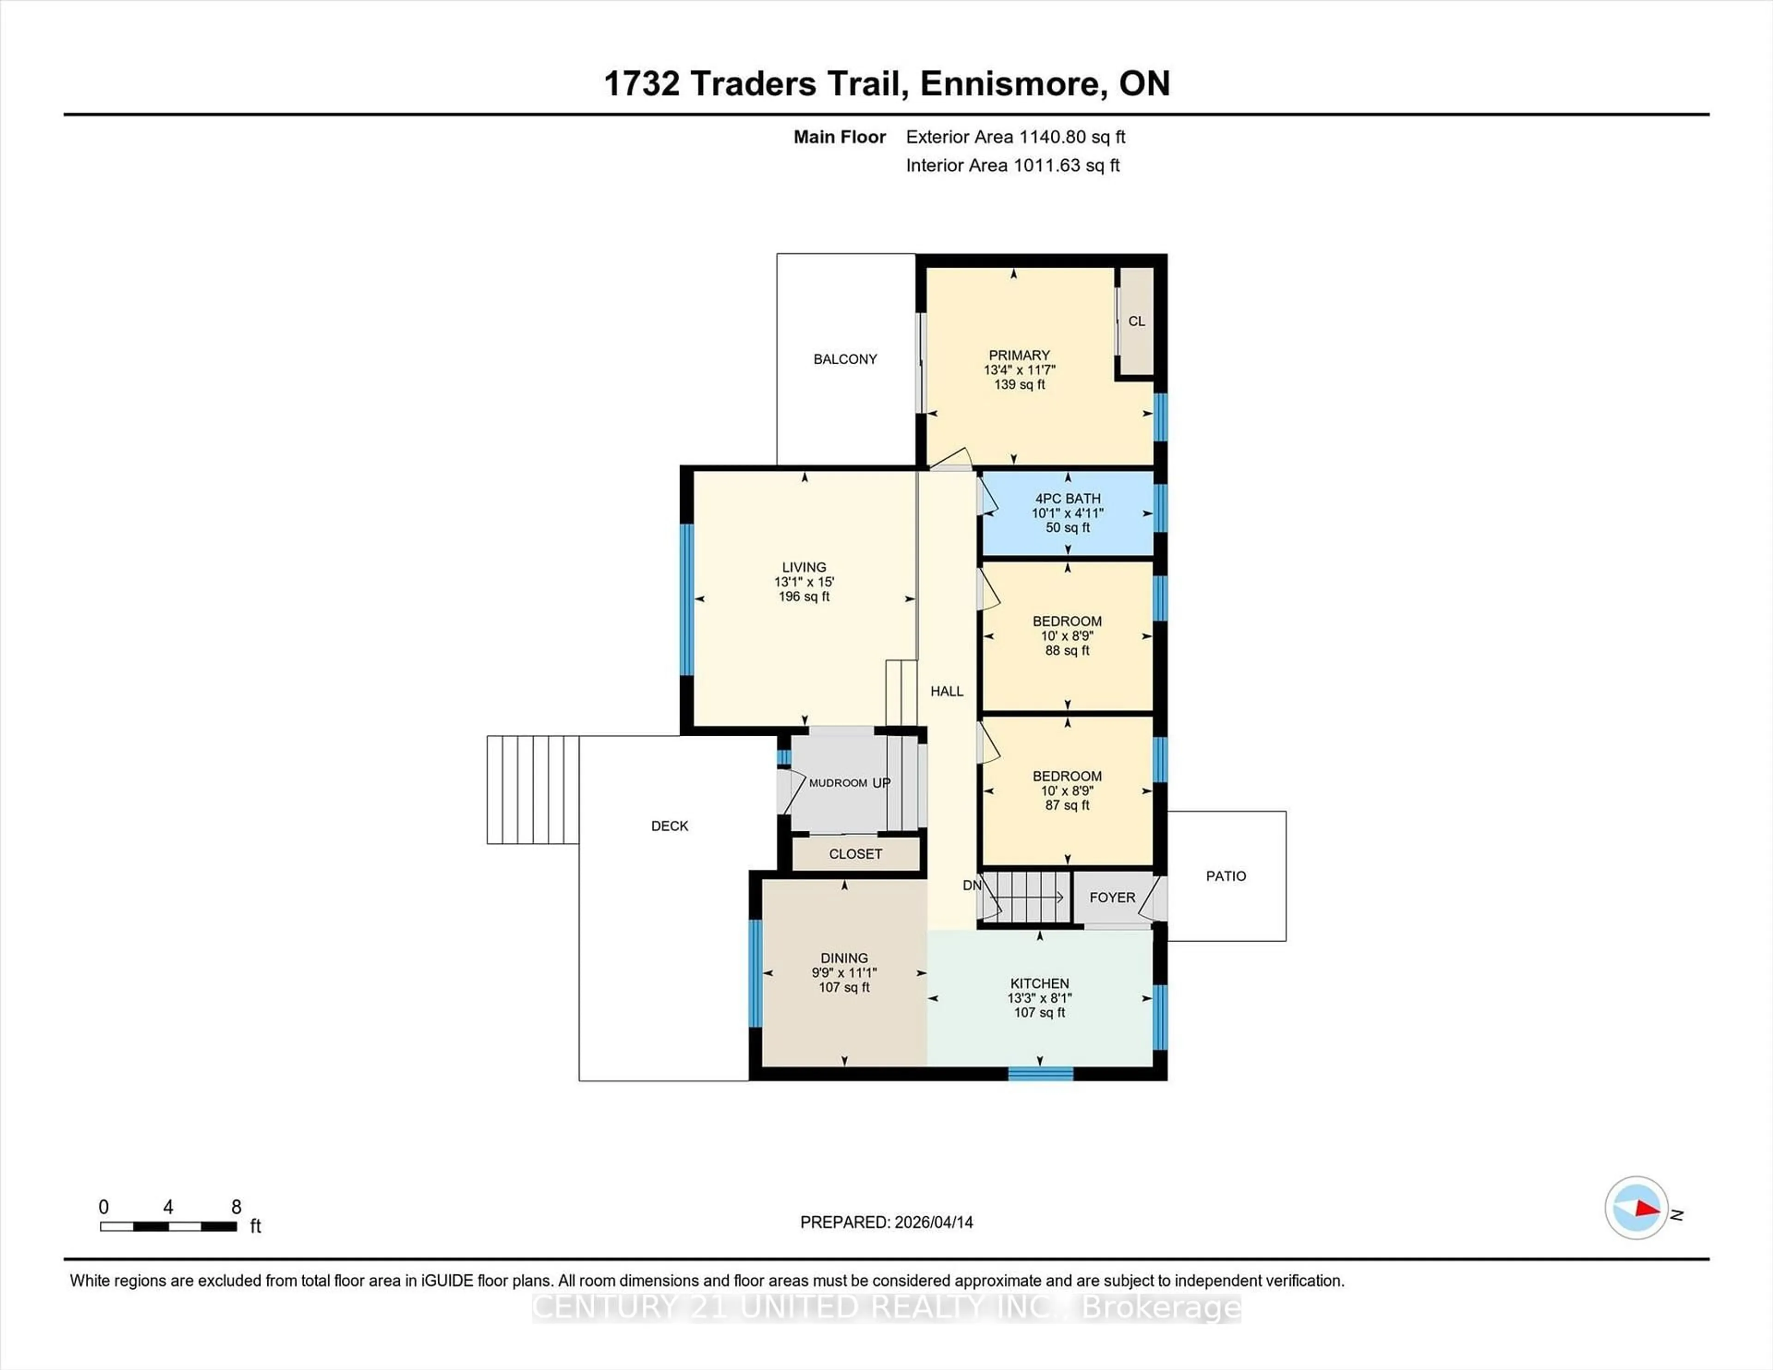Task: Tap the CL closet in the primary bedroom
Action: point(1136,321)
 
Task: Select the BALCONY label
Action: point(845,359)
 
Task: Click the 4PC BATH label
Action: point(1067,499)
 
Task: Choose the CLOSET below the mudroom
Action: point(855,854)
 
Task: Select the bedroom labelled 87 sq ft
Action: point(1067,791)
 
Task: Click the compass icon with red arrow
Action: point(1636,1208)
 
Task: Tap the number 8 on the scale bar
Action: point(236,1207)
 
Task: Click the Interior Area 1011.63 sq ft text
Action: point(1013,166)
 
